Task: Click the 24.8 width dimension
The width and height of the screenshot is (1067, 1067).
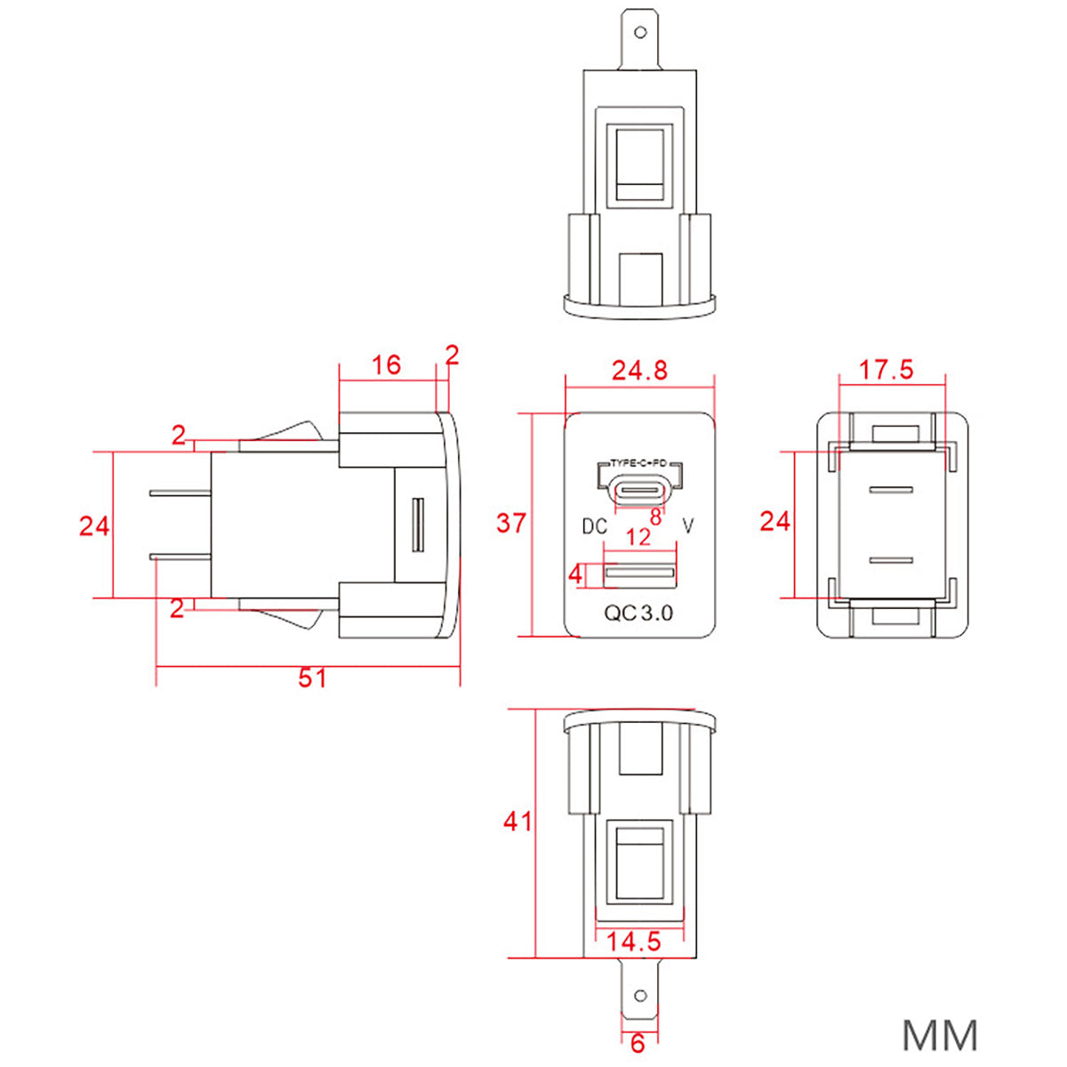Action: click(639, 370)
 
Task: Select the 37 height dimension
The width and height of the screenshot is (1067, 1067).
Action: click(511, 523)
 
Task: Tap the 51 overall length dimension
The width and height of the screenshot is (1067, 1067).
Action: click(312, 678)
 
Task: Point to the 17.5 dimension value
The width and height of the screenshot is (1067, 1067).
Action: click(886, 370)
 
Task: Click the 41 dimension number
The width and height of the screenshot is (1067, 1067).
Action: click(518, 821)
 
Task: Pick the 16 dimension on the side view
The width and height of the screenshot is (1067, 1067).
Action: click(386, 365)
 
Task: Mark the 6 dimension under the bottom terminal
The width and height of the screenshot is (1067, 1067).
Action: click(638, 1044)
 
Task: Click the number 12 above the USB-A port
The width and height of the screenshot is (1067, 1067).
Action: click(638, 537)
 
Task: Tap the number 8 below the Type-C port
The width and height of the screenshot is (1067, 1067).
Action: click(655, 517)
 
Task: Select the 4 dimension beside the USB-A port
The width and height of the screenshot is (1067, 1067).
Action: click(576, 574)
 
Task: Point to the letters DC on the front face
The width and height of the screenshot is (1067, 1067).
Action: click(594, 526)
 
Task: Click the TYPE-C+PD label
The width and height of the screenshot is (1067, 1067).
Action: click(638, 463)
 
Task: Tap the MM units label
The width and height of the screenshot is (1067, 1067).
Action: click(940, 1036)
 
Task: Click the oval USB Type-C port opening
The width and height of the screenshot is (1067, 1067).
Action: click(639, 490)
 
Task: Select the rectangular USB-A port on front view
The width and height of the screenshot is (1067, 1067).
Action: click(639, 574)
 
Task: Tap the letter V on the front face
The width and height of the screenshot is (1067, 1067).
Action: click(686, 526)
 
